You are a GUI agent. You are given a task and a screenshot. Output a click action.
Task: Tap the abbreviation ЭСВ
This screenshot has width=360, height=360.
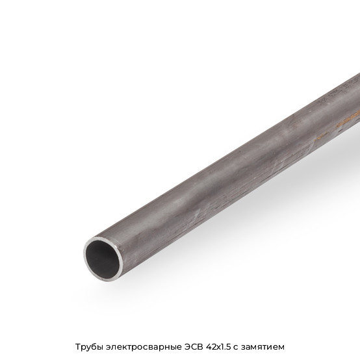[194, 347]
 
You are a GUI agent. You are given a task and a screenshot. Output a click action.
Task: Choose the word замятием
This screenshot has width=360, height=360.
[263, 347]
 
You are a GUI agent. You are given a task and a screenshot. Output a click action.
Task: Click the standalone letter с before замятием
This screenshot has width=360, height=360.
[236, 348]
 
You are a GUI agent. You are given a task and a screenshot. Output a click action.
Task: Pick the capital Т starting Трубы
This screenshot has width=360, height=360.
[78, 347]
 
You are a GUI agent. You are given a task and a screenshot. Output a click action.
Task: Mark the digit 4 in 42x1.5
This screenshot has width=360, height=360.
[209, 347]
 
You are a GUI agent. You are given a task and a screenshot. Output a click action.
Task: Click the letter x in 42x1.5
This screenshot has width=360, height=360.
[219, 348]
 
